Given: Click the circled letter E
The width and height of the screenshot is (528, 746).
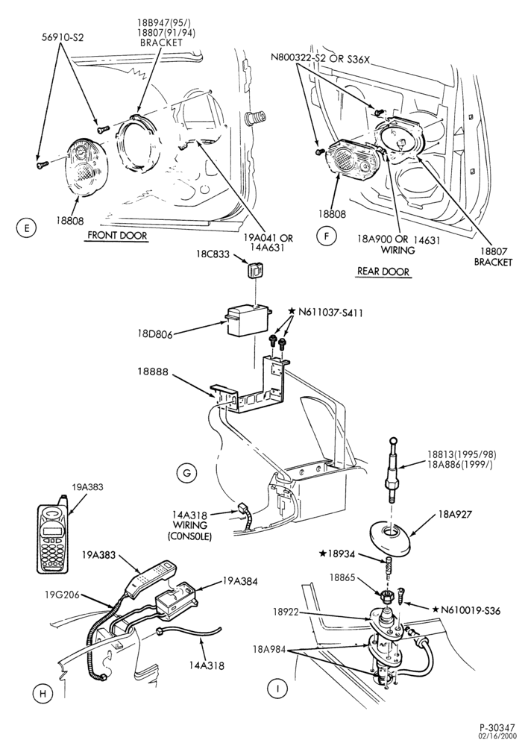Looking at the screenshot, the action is pyautogui.click(x=27, y=228).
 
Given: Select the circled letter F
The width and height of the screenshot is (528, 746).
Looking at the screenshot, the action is pyautogui.click(x=327, y=236).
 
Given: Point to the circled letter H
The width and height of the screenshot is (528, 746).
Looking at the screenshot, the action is pyautogui.click(x=43, y=694).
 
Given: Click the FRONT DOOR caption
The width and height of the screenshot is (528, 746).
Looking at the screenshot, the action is pyautogui.click(x=117, y=236).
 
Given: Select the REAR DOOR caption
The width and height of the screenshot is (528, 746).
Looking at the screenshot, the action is pyautogui.click(x=383, y=272).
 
